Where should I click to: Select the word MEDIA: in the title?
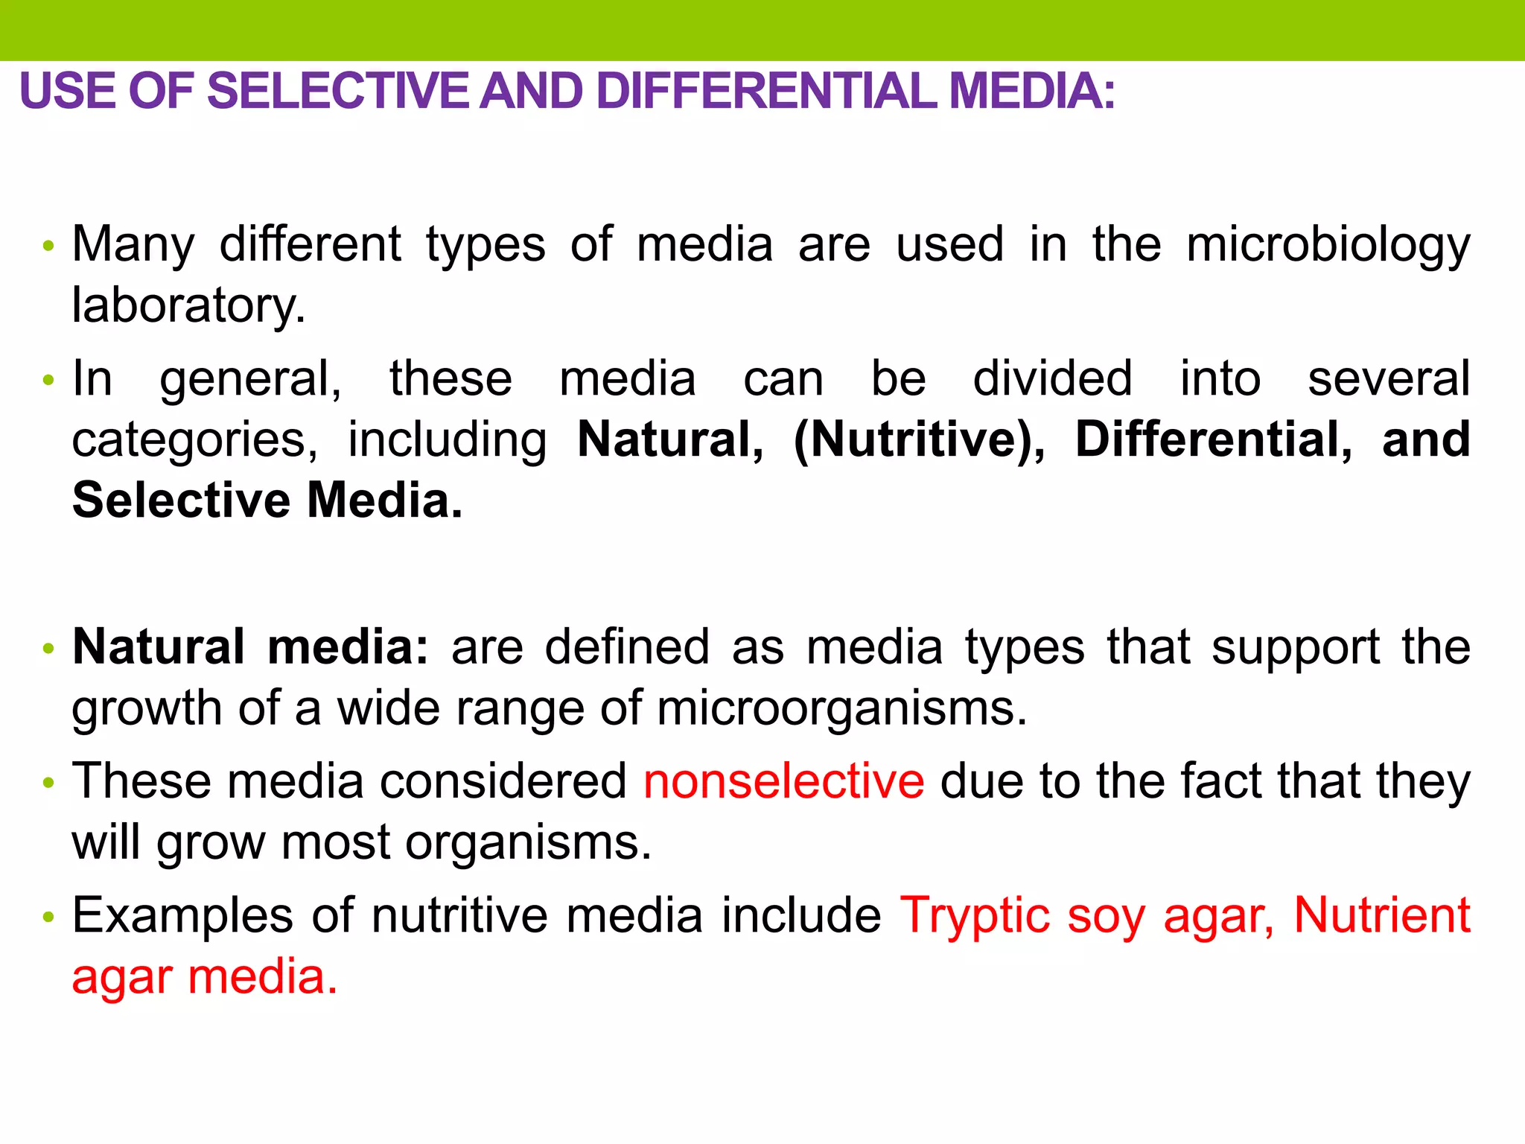[1033, 91]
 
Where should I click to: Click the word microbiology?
[1328, 246]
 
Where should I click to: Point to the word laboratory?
[188, 305]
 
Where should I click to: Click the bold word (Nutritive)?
[919, 439]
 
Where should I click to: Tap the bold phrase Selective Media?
[267, 500]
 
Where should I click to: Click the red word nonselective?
[783, 781]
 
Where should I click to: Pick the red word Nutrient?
[1382, 915]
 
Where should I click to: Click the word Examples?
[182, 915]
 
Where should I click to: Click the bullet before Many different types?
[49, 246]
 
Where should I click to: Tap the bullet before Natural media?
[49, 648]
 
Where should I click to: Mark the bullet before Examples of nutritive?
[49, 917]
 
